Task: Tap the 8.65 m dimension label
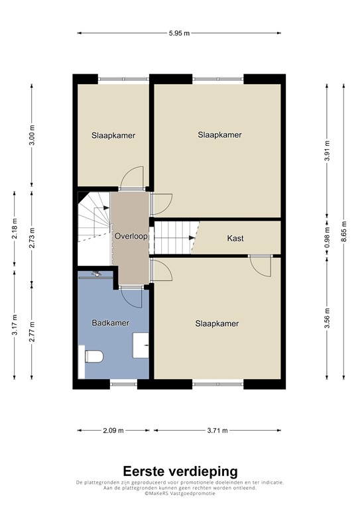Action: (x=343, y=232)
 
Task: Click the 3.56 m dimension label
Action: (x=327, y=321)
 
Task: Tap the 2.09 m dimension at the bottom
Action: (x=113, y=431)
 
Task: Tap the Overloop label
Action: (x=130, y=236)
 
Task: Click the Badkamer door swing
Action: (x=131, y=297)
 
